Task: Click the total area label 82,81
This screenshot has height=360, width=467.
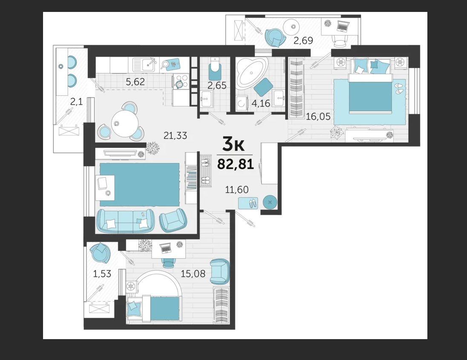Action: [235, 164]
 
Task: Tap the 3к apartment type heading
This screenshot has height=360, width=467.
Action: [233, 144]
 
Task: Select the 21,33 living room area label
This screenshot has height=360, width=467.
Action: [175, 135]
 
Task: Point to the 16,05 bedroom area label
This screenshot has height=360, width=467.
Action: [318, 116]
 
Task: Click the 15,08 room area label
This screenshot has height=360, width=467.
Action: [193, 274]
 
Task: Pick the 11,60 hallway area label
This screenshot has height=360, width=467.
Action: [236, 190]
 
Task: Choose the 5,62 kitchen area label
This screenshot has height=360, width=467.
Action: [135, 81]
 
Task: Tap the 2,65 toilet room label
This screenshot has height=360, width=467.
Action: [217, 86]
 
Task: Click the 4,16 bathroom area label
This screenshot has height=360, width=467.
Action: [261, 104]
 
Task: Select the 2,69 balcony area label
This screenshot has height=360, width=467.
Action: [303, 40]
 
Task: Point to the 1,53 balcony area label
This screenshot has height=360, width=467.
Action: [102, 274]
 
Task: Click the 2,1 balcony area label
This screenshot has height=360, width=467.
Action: [76, 102]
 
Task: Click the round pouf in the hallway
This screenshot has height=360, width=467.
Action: [270, 202]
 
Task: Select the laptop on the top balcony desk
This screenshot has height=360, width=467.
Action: [343, 26]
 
